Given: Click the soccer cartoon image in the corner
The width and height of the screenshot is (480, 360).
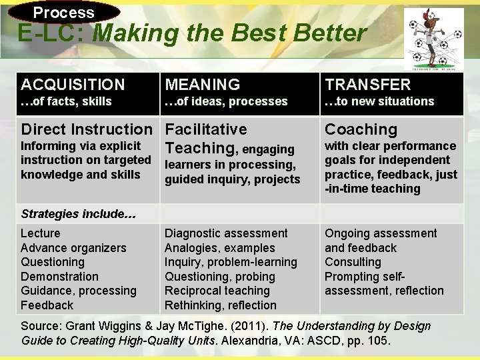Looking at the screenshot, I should point(433,38).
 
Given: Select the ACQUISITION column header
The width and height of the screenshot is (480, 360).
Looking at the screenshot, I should point(73,85).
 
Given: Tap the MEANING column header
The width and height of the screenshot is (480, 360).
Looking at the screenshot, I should point(203,85).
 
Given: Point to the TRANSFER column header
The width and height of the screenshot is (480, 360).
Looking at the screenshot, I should point(368,85).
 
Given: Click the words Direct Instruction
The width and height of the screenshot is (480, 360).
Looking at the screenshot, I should point(87,129).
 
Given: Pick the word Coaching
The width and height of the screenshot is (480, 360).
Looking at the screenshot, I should point(361,129).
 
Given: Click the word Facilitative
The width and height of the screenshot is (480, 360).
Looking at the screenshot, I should point(206,129).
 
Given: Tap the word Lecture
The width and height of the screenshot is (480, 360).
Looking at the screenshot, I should point(40,233).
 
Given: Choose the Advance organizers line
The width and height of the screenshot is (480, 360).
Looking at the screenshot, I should point(73,248).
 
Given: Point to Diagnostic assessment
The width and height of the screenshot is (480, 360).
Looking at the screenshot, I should point(226,233).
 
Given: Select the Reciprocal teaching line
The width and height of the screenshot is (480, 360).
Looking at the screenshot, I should point(217,291).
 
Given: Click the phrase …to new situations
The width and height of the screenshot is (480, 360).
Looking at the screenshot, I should point(379,101).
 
